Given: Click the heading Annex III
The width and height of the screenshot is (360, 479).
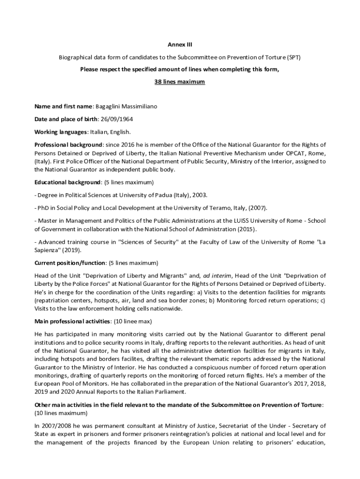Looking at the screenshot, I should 180,45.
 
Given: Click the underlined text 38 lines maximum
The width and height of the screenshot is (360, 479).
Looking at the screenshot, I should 180,81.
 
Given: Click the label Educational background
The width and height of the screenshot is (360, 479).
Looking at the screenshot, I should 67,182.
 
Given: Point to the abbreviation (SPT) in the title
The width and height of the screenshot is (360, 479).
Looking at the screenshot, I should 294,58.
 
